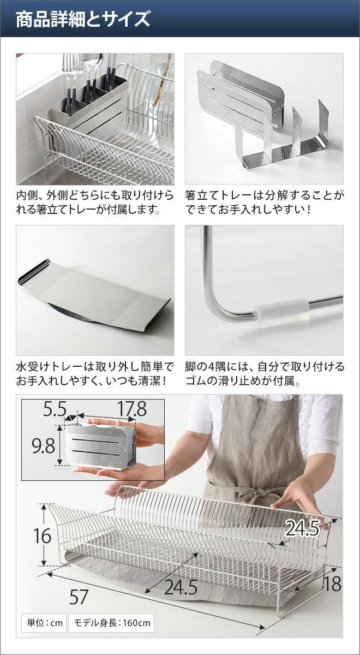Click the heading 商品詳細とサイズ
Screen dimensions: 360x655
(83, 19)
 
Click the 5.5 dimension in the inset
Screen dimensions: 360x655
(55, 408)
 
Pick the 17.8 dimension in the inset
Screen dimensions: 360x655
(132, 408)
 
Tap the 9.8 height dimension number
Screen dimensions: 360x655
(44, 446)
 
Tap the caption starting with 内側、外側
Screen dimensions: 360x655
(95, 203)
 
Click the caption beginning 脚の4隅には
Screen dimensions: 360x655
(265, 374)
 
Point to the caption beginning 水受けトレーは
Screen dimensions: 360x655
(95, 374)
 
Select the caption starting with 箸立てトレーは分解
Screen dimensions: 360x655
(265, 203)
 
